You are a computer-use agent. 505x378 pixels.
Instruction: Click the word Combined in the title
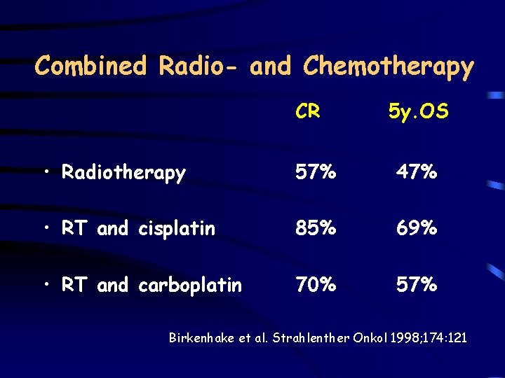point(91,66)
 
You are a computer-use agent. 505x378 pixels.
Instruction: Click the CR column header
point(309,111)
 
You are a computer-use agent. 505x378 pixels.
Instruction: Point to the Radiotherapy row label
point(123,173)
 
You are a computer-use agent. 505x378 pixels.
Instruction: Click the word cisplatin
point(177,229)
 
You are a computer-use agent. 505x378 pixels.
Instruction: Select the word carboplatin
point(190,286)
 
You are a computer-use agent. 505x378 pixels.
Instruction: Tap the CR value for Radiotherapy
point(315,171)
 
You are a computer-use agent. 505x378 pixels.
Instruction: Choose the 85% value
point(315,228)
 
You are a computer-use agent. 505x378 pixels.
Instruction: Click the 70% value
point(315,284)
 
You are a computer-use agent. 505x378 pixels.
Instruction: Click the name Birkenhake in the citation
point(201,338)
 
